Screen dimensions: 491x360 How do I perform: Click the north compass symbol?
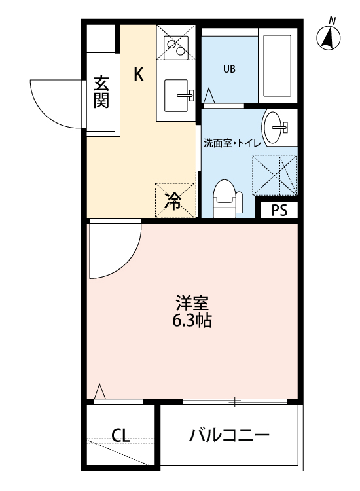[x=329, y=38]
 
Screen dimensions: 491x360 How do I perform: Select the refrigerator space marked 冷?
[x=174, y=200]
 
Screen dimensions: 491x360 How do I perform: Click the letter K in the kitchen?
[x=139, y=75]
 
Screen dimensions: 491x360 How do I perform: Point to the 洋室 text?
[x=191, y=304]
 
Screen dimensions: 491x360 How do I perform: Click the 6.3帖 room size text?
[x=191, y=321]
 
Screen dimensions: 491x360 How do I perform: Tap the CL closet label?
[x=119, y=435]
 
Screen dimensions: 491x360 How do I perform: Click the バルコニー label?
[x=229, y=435]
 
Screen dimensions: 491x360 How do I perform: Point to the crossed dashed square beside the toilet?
[x=274, y=175]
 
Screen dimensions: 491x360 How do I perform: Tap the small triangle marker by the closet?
[x=100, y=391]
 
